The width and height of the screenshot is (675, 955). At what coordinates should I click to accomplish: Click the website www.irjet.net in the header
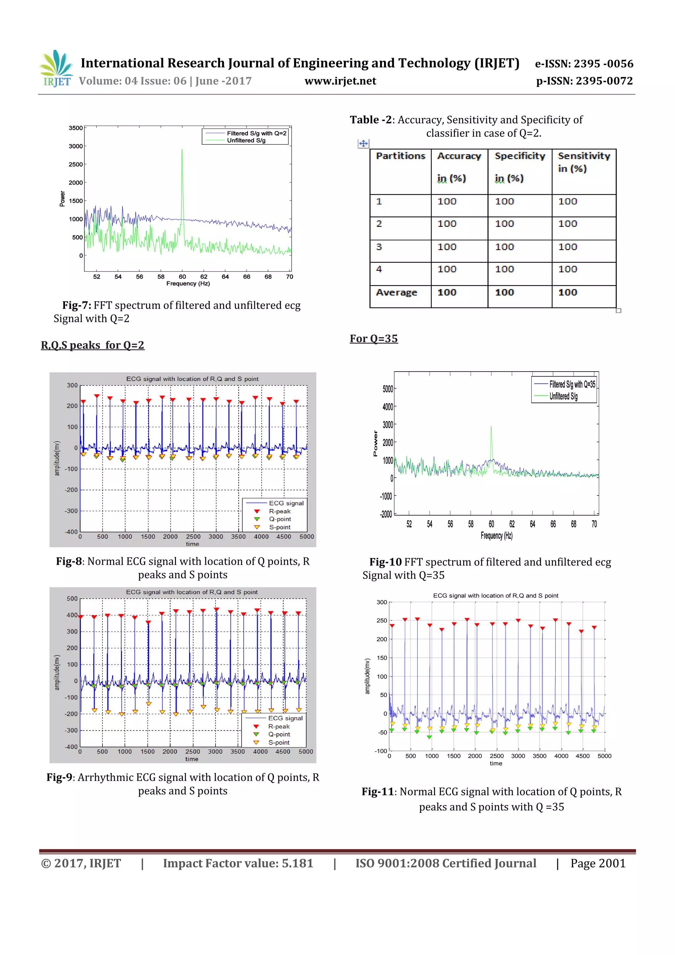[340, 81]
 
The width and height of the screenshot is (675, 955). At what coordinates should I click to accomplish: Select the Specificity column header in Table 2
[519, 156]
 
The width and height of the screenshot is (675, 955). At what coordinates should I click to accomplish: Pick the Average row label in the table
[396, 292]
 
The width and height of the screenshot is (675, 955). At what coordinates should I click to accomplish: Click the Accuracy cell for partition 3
[447, 247]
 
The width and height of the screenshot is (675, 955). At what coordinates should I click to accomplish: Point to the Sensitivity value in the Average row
[567, 292]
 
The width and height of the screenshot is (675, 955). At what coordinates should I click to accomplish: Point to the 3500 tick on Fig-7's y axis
[76, 128]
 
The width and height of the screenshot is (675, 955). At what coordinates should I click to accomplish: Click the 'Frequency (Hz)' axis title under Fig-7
[188, 284]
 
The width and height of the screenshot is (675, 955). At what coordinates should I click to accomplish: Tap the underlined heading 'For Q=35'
[373, 339]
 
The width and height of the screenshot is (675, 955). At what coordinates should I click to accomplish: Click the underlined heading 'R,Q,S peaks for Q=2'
[92, 345]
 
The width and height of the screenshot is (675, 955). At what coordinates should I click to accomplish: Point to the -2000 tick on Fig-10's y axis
[386, 515]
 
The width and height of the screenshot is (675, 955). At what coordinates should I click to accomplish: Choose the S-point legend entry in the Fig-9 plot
[279, 742]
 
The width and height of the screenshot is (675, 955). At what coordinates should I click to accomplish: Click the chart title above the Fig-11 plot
[495, 596]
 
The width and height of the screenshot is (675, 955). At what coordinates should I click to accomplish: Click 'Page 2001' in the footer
[598, 863]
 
